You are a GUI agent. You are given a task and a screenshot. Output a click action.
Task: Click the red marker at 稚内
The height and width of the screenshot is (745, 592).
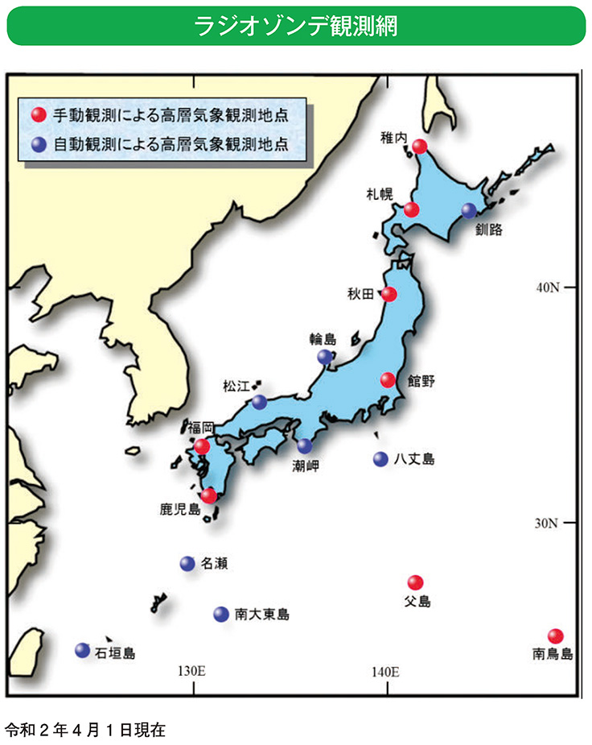tap(419, 146)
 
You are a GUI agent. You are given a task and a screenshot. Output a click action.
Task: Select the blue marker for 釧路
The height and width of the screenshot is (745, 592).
tap(469, 210)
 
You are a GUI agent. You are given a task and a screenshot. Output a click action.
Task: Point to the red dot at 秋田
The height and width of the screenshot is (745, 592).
tap(388, 294)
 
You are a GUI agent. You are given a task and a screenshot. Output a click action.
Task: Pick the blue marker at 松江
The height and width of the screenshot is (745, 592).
tap(259, 401)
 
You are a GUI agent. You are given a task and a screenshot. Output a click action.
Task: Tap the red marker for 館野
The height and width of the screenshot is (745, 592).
tap(388, 379)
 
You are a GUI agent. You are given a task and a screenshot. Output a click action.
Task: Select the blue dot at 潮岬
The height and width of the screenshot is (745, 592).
tap(305, 445)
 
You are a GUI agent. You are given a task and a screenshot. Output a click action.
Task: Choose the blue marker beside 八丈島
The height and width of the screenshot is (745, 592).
tap(380, 459)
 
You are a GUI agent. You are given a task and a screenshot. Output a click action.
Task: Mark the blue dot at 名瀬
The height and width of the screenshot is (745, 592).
tap(187, 564)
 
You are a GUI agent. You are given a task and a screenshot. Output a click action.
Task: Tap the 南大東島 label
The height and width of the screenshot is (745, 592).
tap(262, 615)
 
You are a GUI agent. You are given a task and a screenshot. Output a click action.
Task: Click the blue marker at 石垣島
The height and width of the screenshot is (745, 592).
tap(82, 650)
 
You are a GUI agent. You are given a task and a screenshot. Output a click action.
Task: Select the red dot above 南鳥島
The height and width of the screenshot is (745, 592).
tap(555, 635)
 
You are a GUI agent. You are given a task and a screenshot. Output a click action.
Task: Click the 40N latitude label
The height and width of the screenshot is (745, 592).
tap(549, 288)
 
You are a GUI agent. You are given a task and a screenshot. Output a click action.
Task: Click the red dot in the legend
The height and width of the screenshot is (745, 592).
tap(36, 115)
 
